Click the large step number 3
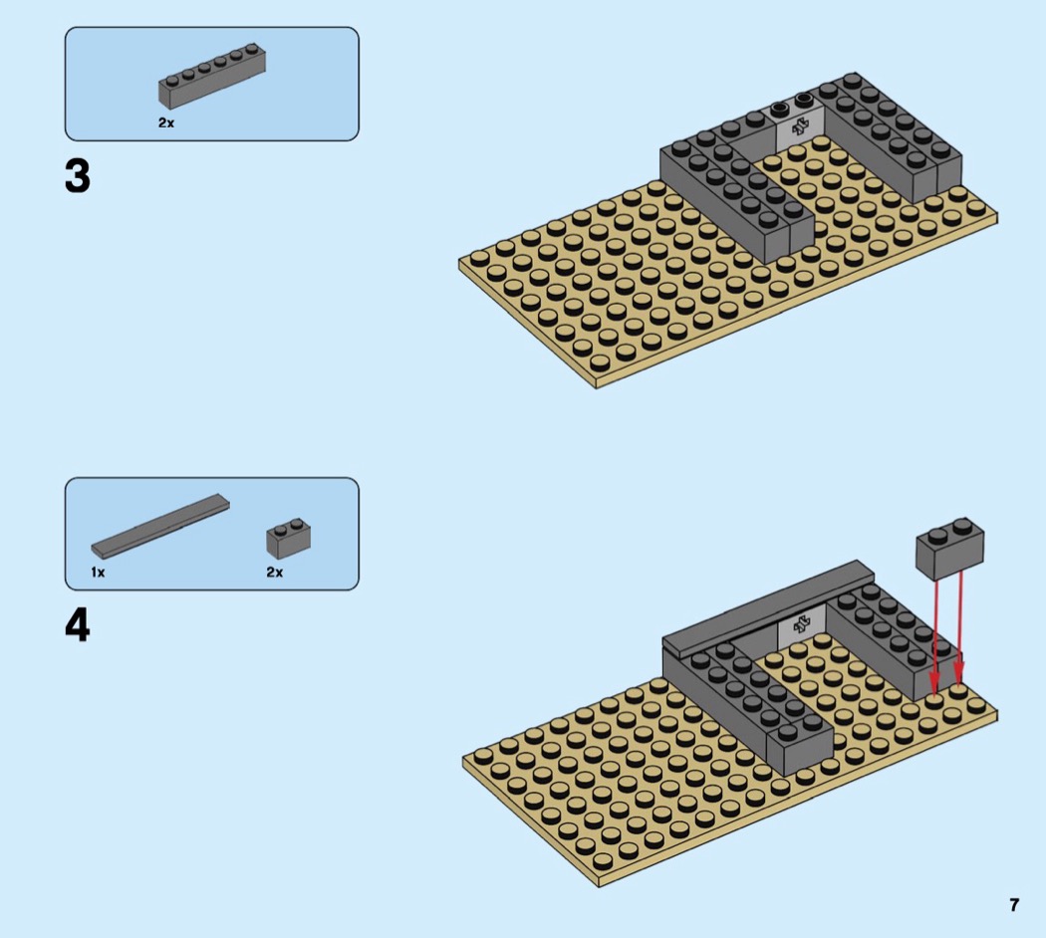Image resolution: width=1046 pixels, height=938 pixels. pos(78,176)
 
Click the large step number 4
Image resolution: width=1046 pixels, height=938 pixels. pos(78,626)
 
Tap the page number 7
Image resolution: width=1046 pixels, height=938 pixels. pos(1014,905)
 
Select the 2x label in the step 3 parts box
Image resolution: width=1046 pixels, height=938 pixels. pos(166,122)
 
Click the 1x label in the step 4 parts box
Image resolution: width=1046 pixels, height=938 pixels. pos(98,572)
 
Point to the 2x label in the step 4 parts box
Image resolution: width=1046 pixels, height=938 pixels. pos(275,572)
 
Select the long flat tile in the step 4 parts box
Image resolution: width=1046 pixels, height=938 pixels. pos(160,526)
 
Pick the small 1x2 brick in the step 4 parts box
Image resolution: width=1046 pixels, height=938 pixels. pos(288,538)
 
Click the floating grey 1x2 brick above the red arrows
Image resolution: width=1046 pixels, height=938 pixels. pos(949,548)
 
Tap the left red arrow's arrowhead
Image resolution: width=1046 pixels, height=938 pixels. pos(934,688)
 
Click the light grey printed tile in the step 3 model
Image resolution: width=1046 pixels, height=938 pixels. pos(800,126)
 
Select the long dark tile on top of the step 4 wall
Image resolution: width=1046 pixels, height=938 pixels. pos(768,606)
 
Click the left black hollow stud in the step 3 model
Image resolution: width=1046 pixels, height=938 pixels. pos(779,109)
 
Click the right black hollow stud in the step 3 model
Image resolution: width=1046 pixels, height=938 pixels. pos(804,101)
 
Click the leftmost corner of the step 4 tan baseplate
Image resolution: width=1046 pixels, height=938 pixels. pos(462,760)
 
